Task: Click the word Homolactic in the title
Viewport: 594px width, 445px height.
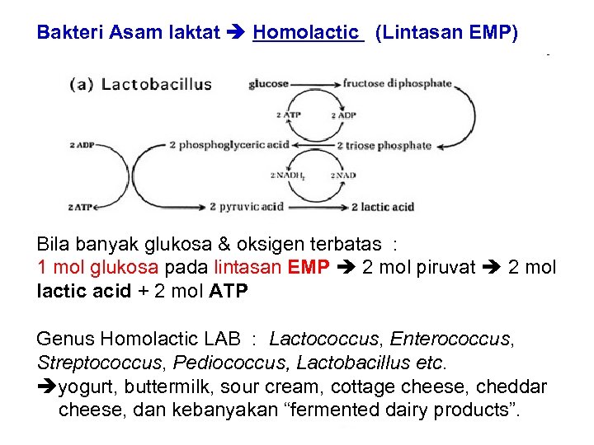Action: click(308, 33)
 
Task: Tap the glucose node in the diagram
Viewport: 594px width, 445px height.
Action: click(268, 83)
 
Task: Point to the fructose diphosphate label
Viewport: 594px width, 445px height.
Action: click(397, 83)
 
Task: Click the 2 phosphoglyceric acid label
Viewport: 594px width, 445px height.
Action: click(229, 145)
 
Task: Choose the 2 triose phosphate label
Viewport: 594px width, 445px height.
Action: click(384, 146)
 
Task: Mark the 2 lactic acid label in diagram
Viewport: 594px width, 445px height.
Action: click(382, 207)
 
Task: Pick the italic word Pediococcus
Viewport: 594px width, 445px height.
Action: click(245, 363)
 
